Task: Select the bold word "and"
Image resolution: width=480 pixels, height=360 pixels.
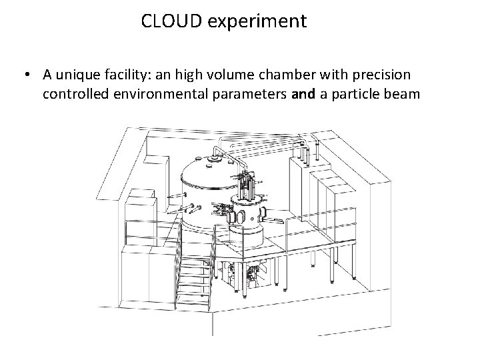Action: pos(304,94)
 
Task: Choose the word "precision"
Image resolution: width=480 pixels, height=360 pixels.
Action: pos(382,74)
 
